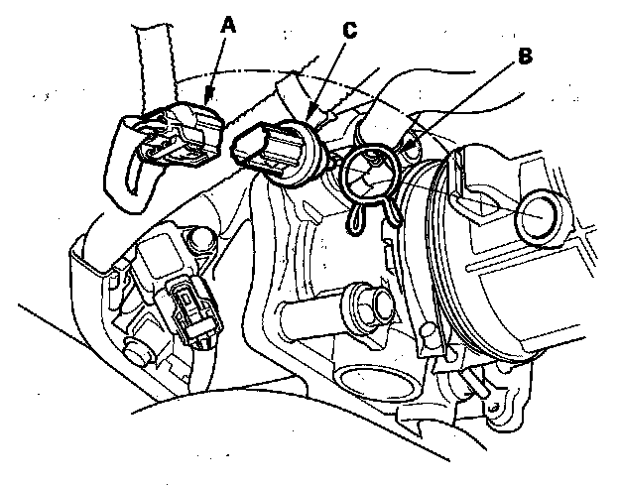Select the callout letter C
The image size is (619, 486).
pos(349,31)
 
